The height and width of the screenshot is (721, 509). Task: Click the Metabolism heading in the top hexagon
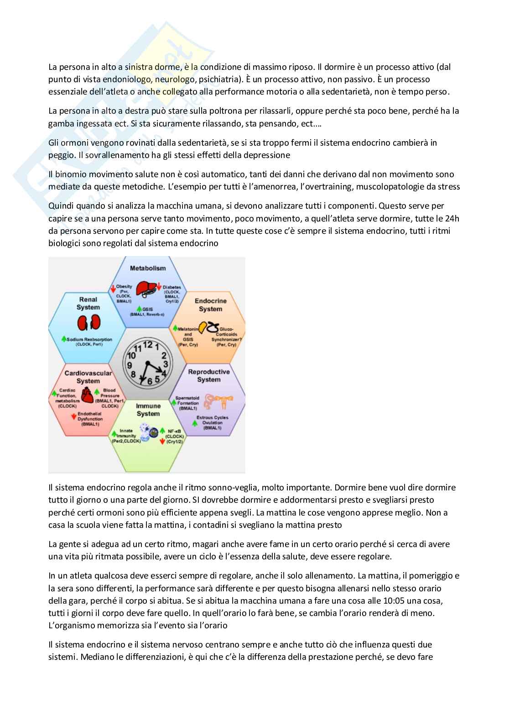[x=148, y=268]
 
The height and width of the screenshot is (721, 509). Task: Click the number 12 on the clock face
[x=148, y=344]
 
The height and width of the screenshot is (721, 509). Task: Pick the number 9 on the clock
[x=130, y=365]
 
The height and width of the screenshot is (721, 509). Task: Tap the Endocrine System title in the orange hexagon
[x=210, y=305]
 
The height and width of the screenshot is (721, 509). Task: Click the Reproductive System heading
[x=209, y=376]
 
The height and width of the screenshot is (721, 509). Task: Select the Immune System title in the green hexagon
[x=148, y=410]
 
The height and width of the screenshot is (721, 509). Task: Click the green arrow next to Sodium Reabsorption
[x=64, y=339]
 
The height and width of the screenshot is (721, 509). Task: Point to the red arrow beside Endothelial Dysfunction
[x=73, y=416]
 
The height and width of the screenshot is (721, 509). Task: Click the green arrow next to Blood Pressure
[x=97, y=392]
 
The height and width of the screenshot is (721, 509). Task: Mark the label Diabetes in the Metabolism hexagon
[x=172, y=287]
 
